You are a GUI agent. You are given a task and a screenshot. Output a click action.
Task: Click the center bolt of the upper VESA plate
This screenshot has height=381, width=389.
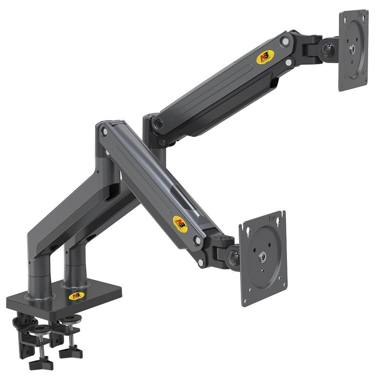click(352, 48)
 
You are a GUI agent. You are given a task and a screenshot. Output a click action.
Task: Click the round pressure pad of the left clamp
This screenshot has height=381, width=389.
click(42, 330)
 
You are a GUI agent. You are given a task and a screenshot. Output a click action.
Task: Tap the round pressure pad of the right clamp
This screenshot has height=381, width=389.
click(73, 319)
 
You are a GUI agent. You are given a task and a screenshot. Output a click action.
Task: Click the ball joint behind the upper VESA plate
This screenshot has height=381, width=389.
click(325, 50)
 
